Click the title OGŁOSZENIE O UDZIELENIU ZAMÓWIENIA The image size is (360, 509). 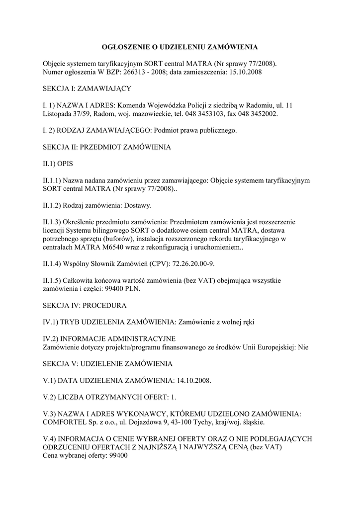(x=180, y=47)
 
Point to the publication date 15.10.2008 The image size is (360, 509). (x=245, y=72)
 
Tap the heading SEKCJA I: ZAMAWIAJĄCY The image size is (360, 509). (x=87, y=88)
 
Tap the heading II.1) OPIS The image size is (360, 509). (x=58, y=164)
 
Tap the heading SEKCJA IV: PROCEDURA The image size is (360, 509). (x=85, y=305)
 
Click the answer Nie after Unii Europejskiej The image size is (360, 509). (x=303, y=347)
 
